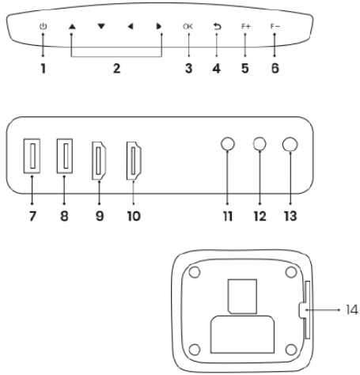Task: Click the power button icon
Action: pyautogui.click(x=43, y=26)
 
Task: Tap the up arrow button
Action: pyautogui.click(x=72, y=26)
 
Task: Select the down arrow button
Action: pyautogui.click(x=101, y=26)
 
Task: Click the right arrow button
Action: pyautogui.click(x=159, y=26)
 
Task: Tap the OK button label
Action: pyautogui.click(x=188, y=26)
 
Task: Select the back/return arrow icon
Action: pyautogui.click(x=217, y=26)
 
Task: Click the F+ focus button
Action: pyautogui.click(x=246, y=26)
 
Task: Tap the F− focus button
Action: pyautogui.click(x=275, y=26)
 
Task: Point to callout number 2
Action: pyautogui.click(x=117, y=69)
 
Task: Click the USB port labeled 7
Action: pyautogui.click(x=32, y=156)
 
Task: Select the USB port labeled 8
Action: pyautogui.click(x=65, y=156)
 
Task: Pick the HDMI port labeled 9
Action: pyautogui.click(x=99, y=161)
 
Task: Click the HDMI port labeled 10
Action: pyautogui.click(x=134, y=161)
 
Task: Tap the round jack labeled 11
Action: pyautogui.click(x=227, y=144)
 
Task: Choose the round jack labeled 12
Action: pyautogui.click(x=260, y=144)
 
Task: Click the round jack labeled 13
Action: pyautogui.click(x=290, y=145)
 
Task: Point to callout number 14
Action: pyautogui.click(x=352, y=309)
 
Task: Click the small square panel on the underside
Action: pyautogui.click(x=242, y=297)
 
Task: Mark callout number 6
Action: pyautogui.click(x=275, y=69)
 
